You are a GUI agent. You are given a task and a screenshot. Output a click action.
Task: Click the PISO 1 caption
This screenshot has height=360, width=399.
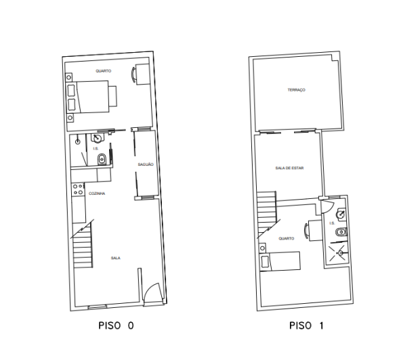point(306,325)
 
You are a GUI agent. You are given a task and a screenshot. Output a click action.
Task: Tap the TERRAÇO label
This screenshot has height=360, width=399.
point(296,90)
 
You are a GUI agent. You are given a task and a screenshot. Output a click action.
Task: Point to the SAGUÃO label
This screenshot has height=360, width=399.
point(146,164)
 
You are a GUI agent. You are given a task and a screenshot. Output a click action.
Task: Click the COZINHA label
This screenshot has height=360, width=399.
point(97,193)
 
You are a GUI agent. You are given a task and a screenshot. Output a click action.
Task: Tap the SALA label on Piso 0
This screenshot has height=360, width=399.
point(115,258)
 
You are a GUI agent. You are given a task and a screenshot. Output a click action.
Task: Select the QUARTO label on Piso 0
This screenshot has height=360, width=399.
point(103,71)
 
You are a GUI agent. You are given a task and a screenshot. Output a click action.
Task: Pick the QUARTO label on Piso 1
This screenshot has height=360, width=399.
point(285,238)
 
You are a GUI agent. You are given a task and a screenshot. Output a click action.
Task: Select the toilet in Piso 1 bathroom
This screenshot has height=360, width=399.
point(341,233)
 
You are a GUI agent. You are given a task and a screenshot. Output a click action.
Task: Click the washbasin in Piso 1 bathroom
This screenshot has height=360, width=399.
point(343,213)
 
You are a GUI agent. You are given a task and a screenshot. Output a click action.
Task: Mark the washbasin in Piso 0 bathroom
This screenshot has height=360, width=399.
point(79,142)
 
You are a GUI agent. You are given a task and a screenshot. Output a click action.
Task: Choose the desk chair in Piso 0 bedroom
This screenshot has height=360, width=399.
point(138,74)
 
